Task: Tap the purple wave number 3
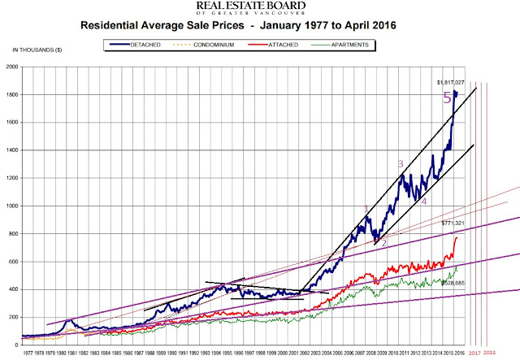click(401, 164)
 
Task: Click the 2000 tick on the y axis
click(37, 67)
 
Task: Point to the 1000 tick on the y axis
click(37, 206)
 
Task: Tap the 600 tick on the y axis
click(39, 261)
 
